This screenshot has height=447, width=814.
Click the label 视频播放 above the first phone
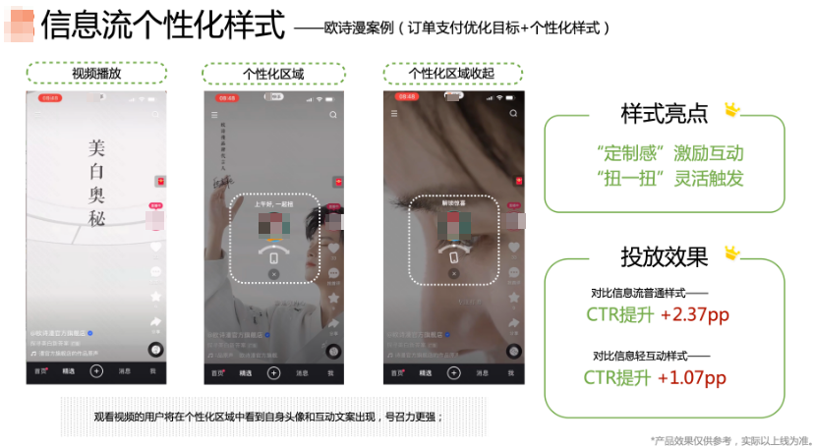[x=95, y=74]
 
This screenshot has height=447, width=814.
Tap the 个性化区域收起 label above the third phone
[x=451, y=74]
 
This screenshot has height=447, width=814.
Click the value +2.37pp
[x=695, y=314]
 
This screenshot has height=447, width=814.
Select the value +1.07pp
[x=692, y=377]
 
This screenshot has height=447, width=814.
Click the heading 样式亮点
[x=664, y=113]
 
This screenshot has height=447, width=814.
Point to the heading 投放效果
[x=664, y=256]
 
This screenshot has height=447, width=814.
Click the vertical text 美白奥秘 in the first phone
[x=95, y=183]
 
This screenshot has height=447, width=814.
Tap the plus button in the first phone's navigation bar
[x=96, y=371]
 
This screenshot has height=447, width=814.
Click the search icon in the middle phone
[x=333, y=115]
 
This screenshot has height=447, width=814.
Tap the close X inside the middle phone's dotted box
[x=273, y=274]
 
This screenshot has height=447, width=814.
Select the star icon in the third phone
[x=512, y=298]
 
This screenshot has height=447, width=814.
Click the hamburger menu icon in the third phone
[x=394, y=114]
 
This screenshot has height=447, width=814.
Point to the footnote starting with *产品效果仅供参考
[x=729, y=439]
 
